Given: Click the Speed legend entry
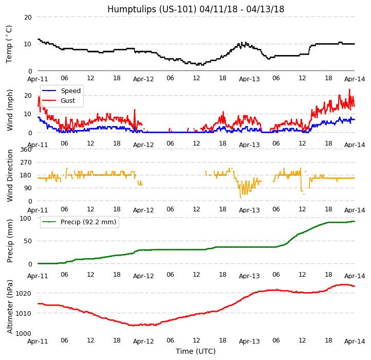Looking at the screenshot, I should point(70,91).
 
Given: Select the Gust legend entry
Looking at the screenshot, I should point(69,100).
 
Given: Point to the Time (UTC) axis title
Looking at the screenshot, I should point(195,351).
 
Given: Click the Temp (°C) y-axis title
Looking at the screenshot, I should point(9,44).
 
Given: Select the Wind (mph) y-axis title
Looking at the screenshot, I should point(10,110).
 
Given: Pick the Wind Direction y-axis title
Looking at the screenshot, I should point(10,175).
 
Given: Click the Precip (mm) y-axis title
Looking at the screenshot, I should point(10,241).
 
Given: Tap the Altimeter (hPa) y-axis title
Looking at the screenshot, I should point(10,307).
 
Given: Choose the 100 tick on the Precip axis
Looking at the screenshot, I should point(26,218).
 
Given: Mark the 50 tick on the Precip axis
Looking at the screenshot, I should point(28,241).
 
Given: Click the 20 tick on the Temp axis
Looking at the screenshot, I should point(28,17).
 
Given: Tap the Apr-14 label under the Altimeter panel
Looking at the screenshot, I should point(355,341).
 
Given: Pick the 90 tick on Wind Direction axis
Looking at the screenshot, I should point(28,188).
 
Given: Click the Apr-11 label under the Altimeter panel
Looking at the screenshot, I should point(38,341).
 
